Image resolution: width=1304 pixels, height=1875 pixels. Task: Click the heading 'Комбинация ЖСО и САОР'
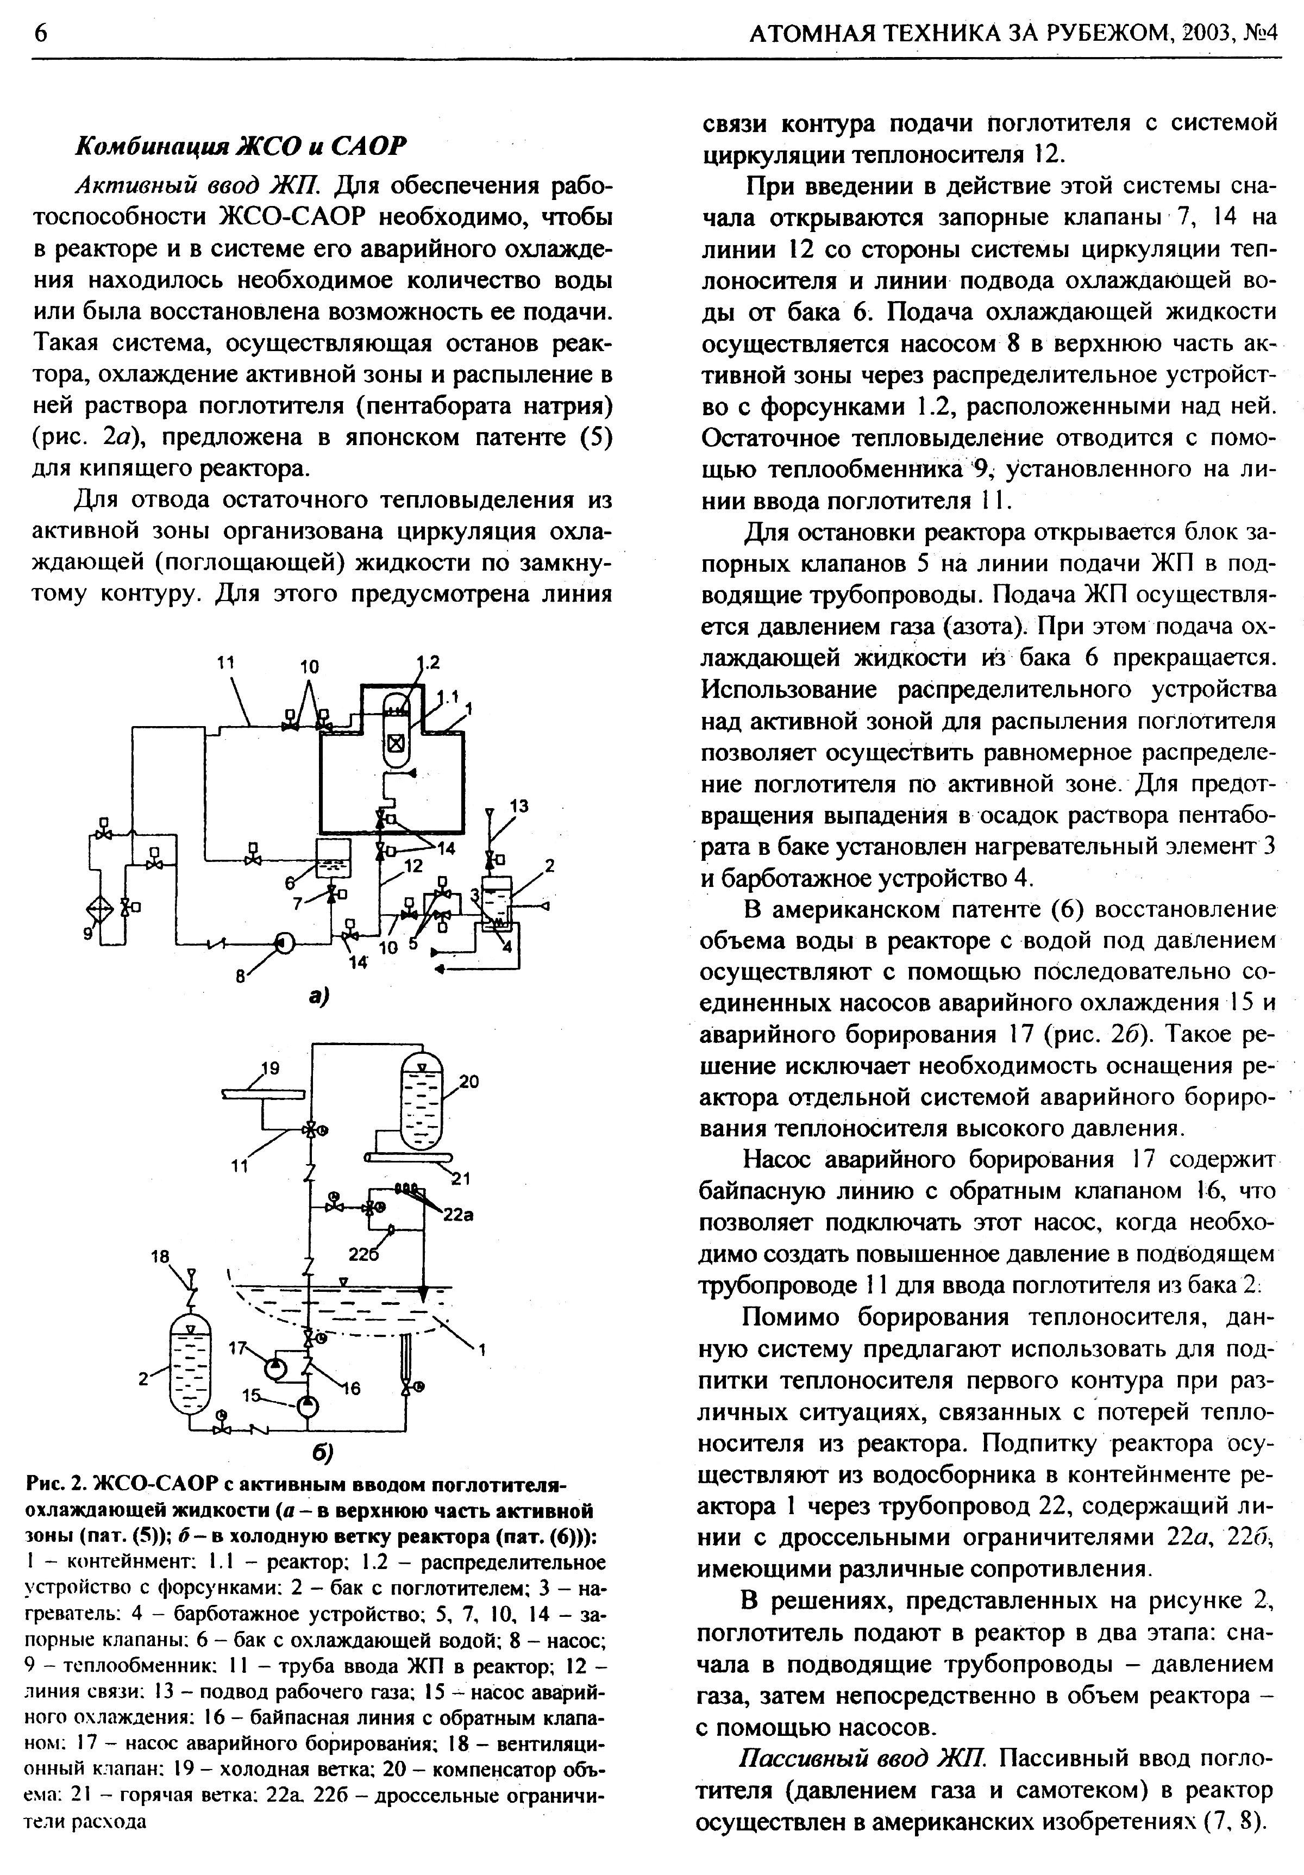tap(240, 145)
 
